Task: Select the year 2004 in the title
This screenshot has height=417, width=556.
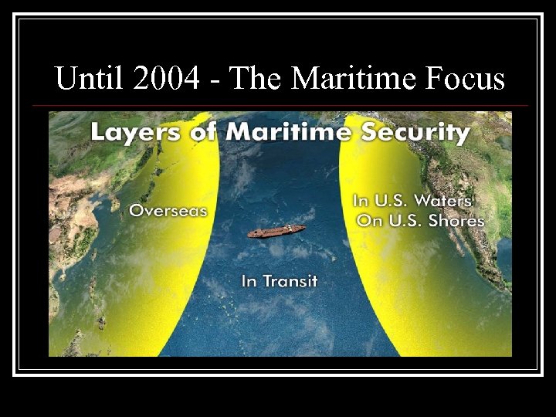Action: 155,79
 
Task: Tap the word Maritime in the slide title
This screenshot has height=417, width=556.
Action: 340,79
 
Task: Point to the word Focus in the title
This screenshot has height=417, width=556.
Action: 463,79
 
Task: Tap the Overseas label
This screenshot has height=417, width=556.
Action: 168,210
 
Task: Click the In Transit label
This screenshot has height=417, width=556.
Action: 280,281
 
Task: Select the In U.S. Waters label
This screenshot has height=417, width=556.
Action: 412,201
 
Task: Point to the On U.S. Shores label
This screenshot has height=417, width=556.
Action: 420,221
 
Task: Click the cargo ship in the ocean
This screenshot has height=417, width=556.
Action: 276,231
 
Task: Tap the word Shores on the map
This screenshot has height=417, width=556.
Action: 454,221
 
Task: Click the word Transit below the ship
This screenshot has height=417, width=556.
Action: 290,281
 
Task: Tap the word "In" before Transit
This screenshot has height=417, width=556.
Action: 249,281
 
